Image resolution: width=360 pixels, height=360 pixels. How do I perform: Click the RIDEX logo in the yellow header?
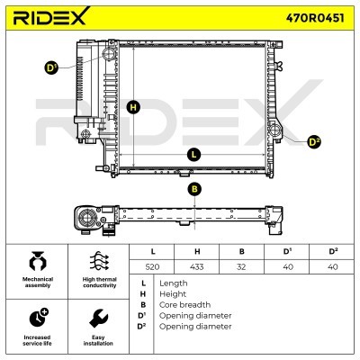(x=50, y=16)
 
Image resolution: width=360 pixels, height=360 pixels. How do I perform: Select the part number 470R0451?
(x=315, y=18)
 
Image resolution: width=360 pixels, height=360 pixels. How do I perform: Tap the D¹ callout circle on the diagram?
(x=51, y=68)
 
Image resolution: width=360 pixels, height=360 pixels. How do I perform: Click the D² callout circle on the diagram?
(x=314, y=142)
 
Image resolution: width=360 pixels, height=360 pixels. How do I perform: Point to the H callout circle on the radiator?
(x=133, y=107)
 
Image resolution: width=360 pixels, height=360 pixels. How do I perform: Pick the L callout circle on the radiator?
(x=193, y=155)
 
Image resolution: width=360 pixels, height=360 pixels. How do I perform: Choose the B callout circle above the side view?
(x=194, y=189)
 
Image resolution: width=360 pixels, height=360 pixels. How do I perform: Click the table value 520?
(x=152, y=266)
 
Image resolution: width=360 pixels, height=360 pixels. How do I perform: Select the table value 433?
(x=197, y=266)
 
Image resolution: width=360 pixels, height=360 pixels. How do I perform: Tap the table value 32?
(x=241, y=266)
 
